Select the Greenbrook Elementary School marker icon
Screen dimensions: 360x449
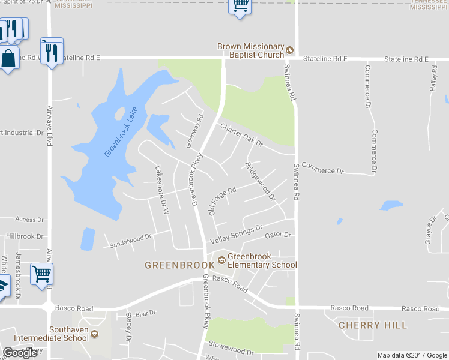tap(221, 260)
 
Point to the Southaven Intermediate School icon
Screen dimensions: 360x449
tap(94, 334)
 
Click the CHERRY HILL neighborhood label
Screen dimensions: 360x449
tap(373, 325)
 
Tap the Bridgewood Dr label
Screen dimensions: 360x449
tap(259, 181)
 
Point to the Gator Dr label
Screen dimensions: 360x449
tap(277, 236)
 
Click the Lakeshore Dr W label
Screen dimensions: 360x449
tap(162, 190)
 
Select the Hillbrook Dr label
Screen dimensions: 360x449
tap(25, 236)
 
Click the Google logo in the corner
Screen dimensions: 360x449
tap(20, 353)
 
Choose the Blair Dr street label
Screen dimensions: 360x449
tap(145, 313)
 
